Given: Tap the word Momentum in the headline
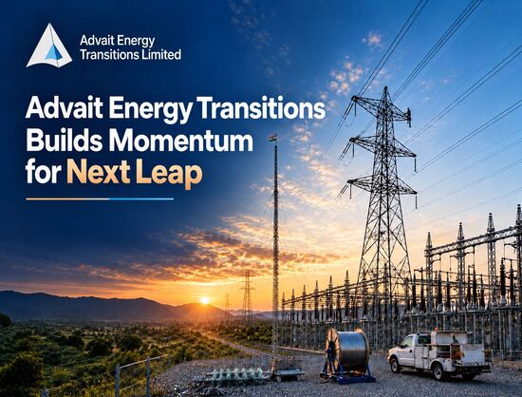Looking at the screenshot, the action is [180, 142].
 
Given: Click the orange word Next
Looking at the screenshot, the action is [98, 173].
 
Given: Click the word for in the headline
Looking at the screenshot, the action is [44, 173].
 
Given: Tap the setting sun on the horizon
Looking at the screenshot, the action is [205, 300].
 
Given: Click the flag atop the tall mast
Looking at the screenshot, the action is [273, 139].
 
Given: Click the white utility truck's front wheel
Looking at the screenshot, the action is [396, 365].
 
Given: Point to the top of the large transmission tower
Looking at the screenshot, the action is [385, 87].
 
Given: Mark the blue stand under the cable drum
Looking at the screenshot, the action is [348, 376].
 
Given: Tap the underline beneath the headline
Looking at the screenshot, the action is [100, 199].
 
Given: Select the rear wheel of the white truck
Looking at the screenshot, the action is [439, 371].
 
